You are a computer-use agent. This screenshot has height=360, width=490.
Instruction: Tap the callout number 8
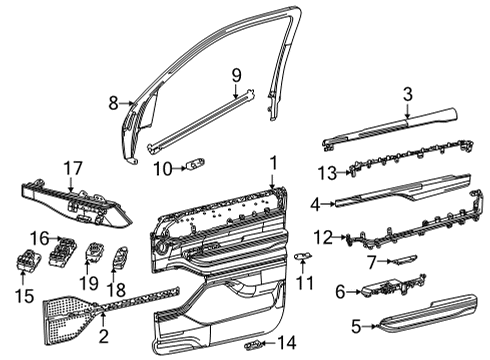coord(113,101)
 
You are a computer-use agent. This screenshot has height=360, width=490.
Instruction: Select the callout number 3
coord(407,93)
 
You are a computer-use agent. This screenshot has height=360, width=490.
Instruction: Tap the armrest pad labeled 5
coord(417,328)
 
